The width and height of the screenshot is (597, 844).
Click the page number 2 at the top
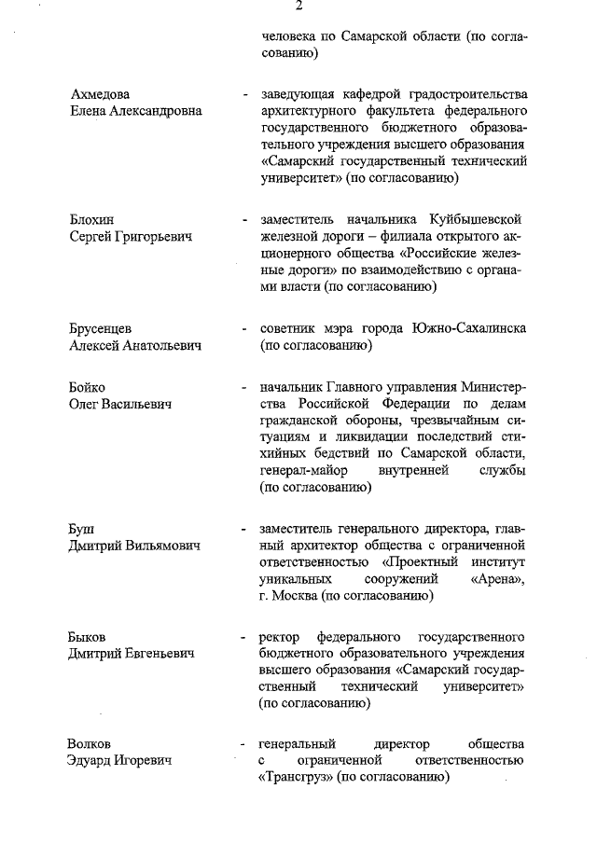click(298, 7)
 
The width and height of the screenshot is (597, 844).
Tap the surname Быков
click(90, 636)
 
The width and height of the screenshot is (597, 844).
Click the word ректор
click(282, 637)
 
